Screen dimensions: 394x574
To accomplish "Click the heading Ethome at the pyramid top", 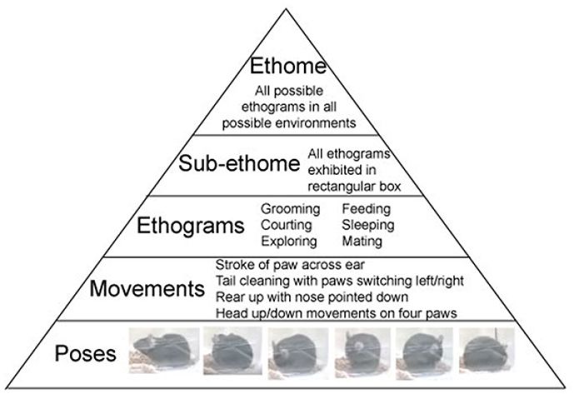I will (x=287, y=67).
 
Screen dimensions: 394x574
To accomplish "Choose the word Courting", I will (x=286, y=225).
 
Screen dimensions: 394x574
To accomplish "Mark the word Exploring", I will (x=288, y=242).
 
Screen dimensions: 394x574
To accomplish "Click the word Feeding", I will (x=367, y=209).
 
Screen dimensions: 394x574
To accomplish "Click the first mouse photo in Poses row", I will (x=163, y=350).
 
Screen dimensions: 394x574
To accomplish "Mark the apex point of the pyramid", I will (x=286, y=5).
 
